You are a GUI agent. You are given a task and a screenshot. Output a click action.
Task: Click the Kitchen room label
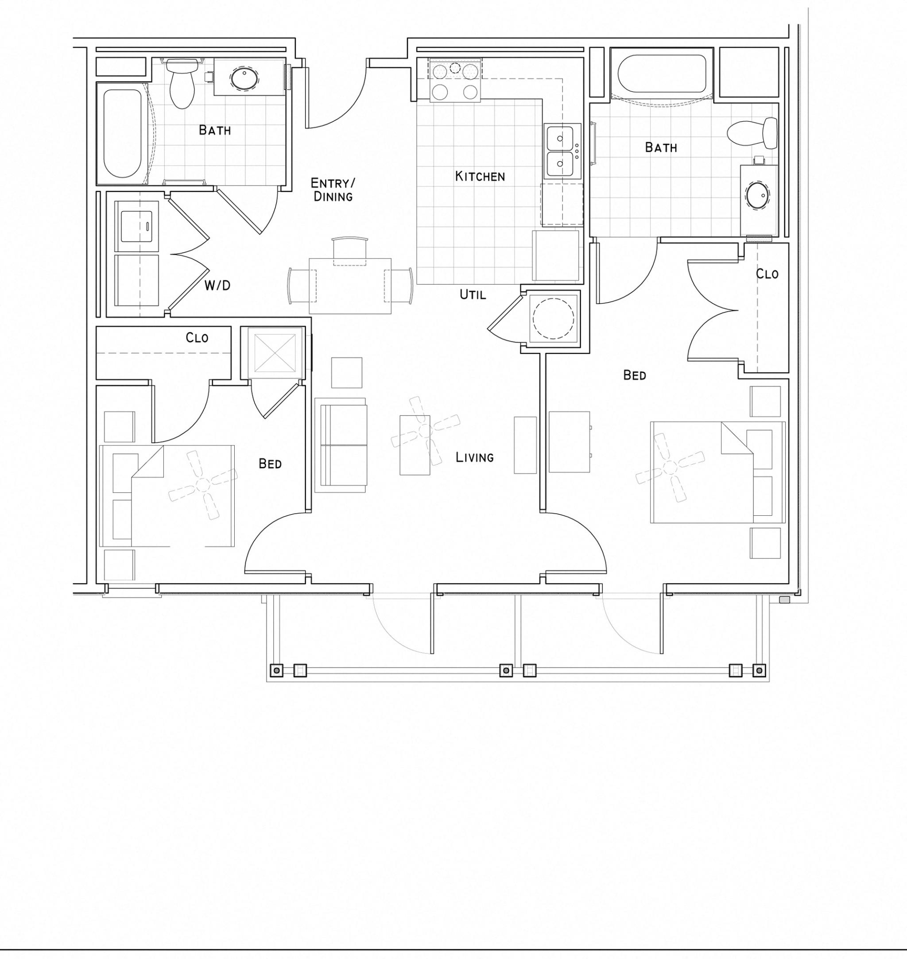pyautogui.click(x=480, y=176)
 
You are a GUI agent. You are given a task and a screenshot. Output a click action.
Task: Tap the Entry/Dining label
pyautogui.click(x=333, y=189)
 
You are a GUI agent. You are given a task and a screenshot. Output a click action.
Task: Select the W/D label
pyautogui.click(x=217, y=286)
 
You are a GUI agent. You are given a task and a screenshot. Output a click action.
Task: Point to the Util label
pyautogui.click(x=473, y=294)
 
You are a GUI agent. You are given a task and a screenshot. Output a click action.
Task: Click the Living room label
pyautogui.click(x=474, y=457)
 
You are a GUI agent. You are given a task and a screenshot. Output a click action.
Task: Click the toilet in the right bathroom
pyautogui.click(x=752, y=133)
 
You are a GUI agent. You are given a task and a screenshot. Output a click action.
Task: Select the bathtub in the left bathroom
pyautogui.click(x=122, y=133)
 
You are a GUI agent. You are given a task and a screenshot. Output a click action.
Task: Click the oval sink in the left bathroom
pyautogui.click(x=244, y=78)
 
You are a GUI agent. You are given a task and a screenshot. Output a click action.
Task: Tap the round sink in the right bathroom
pyautogui.click(x=758, y=196)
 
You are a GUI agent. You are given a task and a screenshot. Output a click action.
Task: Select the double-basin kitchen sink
pyautogui.click(x=559, y=151)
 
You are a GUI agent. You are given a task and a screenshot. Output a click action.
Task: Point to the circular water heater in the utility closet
pyautogui.click(x=553, y=318)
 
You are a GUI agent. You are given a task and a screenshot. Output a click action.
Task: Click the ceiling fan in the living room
pyautogui.click(x=425, y=431)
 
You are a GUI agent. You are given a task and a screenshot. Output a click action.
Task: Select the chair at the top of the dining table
pyautogui.click(x=349, y=251)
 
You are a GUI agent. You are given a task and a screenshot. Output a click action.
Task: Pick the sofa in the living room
pyautogui.click(x=341, y=445)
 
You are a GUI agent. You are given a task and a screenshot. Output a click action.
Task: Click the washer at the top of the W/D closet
pyautogui.click(x=137, y=226)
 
